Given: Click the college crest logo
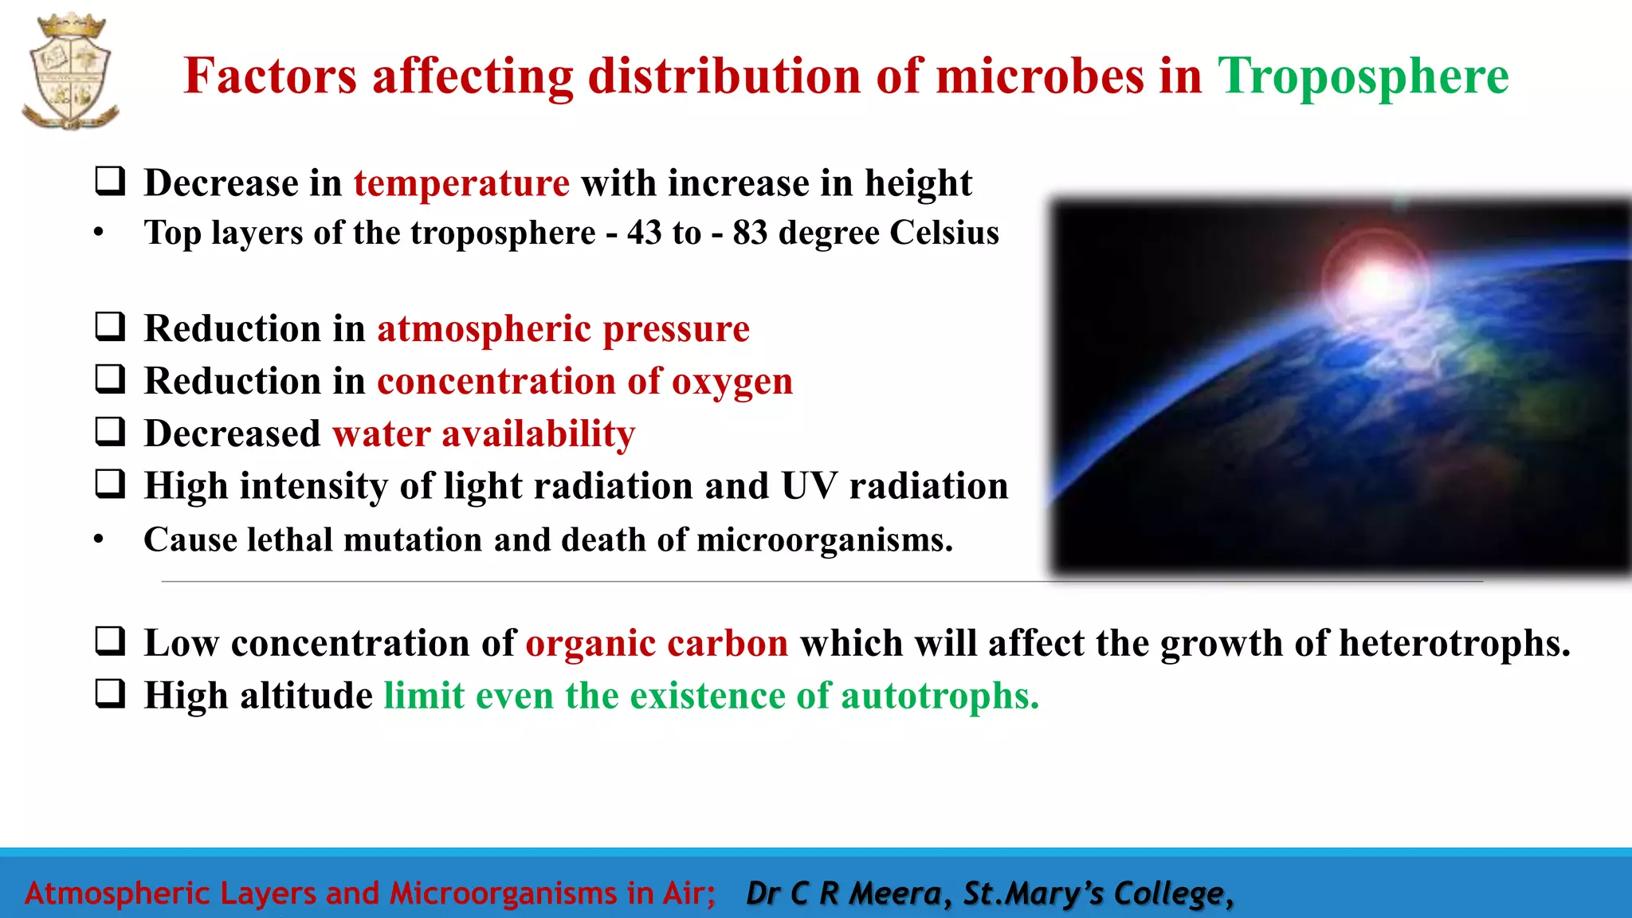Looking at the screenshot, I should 70,72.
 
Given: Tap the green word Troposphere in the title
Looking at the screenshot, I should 1363,76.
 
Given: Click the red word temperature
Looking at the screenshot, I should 461,183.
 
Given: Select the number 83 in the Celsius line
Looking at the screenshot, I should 750,233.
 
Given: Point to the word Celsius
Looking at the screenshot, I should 943,233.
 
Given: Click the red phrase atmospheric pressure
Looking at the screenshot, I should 563,328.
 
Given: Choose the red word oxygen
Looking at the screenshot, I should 732,381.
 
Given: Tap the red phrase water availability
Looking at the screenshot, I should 484,433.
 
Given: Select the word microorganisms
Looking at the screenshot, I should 824,540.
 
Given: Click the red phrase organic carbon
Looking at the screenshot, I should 657,643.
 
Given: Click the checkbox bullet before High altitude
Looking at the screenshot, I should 110,693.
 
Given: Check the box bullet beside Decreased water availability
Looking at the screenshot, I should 110,431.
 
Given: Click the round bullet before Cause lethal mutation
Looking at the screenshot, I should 99,539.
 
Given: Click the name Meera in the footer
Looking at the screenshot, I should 896,893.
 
